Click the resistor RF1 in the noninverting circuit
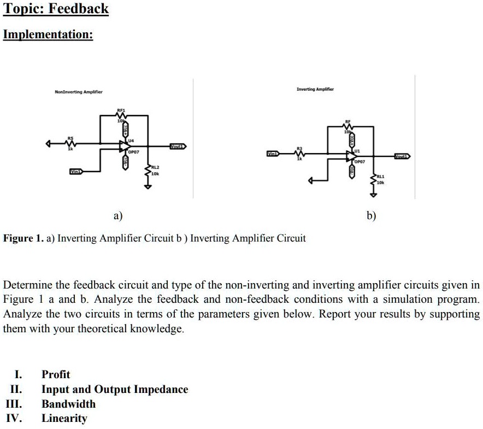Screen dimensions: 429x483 coord(121,115)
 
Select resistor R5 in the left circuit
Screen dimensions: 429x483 coord(70,144)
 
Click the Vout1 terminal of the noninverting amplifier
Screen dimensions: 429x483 coord(177,146)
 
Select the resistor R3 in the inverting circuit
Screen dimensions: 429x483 coord(299,155)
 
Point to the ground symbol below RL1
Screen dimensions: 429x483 coord(374,192)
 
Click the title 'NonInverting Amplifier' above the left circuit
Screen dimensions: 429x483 coord(79,92)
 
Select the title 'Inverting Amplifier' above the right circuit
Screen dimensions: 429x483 coord(315,89)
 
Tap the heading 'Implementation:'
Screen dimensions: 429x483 coord(48,34)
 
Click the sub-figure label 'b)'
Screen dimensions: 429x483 coord(372,216)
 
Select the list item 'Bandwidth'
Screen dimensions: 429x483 coord(68,404)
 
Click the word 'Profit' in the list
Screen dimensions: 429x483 coord(56,374)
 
